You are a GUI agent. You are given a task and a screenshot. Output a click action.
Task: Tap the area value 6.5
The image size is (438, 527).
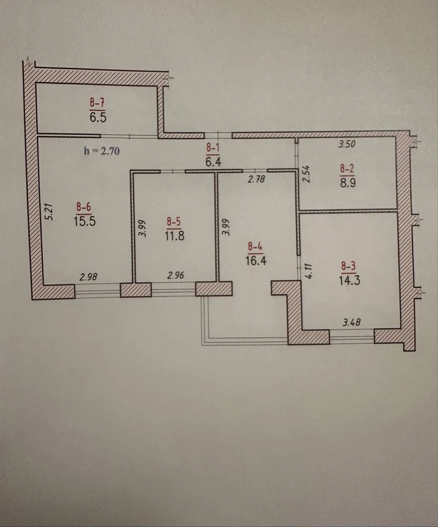click(98, 118)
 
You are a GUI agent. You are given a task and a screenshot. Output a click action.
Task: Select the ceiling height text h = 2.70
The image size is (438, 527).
click(102, 151)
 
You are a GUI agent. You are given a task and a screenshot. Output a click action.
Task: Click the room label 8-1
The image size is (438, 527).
click(213, 147)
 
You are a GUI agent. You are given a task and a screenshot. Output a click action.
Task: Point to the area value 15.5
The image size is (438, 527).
click(85, 221)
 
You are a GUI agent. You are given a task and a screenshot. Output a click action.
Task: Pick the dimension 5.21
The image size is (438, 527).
click(50, 212)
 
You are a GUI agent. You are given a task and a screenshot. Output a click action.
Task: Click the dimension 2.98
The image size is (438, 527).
click(89, 277)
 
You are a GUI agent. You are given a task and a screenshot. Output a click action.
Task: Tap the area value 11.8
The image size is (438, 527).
click(175, 236)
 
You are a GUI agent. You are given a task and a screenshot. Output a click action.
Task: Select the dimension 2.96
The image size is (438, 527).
click(176, 276)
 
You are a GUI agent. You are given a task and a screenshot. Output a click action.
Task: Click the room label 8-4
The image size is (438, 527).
click(256, 247)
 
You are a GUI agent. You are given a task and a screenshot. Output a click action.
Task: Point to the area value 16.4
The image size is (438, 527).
click(256, 260)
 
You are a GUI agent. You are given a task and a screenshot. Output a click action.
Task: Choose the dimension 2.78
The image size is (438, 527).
click(256, 180)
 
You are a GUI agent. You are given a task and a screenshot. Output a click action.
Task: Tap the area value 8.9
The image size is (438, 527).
click(347, 183)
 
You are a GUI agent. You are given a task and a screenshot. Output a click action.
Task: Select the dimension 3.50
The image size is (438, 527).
click(347, 144)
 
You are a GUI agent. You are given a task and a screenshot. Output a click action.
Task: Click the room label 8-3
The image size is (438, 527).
click(348, 266)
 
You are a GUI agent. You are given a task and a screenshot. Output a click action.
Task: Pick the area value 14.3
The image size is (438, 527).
click(349, 280)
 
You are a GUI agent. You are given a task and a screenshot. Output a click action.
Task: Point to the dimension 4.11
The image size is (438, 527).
click(309, 271)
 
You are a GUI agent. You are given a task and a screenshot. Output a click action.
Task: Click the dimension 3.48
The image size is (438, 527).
click(351, 323)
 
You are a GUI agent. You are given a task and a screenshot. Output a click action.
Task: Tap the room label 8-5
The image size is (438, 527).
click(174, 221)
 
